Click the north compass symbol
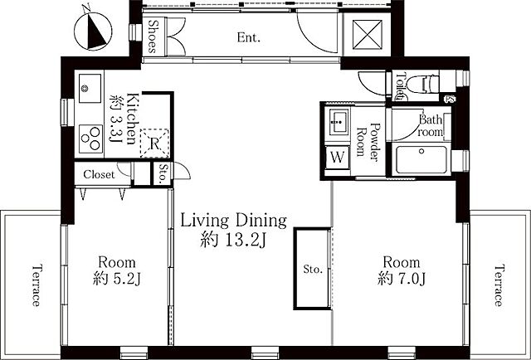93,32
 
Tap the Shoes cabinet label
153,37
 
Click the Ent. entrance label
249,37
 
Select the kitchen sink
90,88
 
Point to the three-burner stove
90,139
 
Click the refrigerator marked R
154,144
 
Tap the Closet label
99,174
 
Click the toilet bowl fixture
422,84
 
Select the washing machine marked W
338,157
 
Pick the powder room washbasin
337,122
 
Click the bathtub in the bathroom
421,159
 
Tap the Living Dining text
234,221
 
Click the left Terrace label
37,285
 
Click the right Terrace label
498,285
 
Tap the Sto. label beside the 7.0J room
313,270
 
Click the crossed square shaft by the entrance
367,35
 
